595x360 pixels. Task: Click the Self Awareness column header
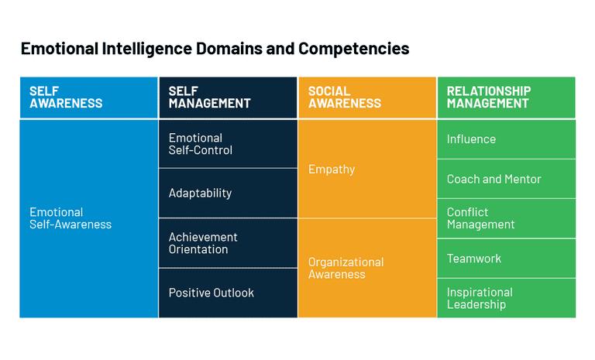click(88, 98)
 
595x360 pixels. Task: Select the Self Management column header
click(228, 98)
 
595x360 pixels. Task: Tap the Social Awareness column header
click(367, 98)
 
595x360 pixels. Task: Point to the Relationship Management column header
click(507, 98)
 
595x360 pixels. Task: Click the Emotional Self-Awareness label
click(71, 218)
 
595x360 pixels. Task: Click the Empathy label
click(332, 169)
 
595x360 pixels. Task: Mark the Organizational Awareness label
click(346, 268)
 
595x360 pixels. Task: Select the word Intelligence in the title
click(148, 49)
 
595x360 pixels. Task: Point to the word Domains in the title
click(235, 49)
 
